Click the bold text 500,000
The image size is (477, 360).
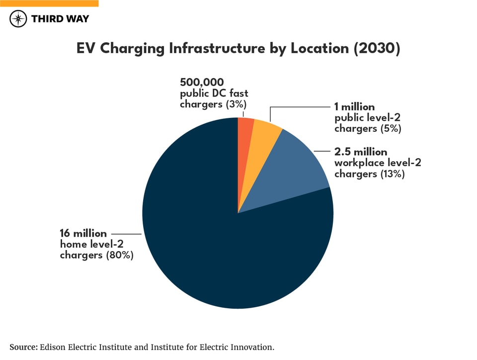coord(202,82)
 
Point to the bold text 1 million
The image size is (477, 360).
coord(354,107)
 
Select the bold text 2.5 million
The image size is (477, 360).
coord(360,152)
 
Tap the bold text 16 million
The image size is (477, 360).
coord(83,234)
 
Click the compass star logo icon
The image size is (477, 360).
coord(18,19)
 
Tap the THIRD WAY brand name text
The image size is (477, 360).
coord(60,19)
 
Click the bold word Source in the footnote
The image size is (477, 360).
coord(23,347)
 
